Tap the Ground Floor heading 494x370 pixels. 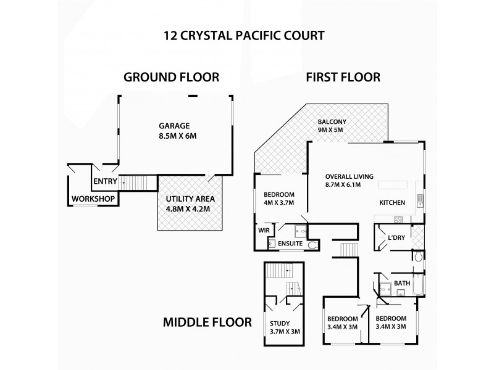point(172,78)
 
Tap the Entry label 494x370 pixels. point(104,181)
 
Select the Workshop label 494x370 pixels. point(93,199)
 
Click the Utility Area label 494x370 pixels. point(190,199)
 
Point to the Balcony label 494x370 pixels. point(330,121)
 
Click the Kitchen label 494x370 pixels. point(392,202)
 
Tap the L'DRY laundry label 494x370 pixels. point(396,238)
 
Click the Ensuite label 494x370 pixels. point(290,244)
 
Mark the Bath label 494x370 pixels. point(402,284)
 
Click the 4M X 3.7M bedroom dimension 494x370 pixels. point(279,202)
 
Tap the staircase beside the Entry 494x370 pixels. point(140,183)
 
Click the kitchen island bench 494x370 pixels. point(393,185)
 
